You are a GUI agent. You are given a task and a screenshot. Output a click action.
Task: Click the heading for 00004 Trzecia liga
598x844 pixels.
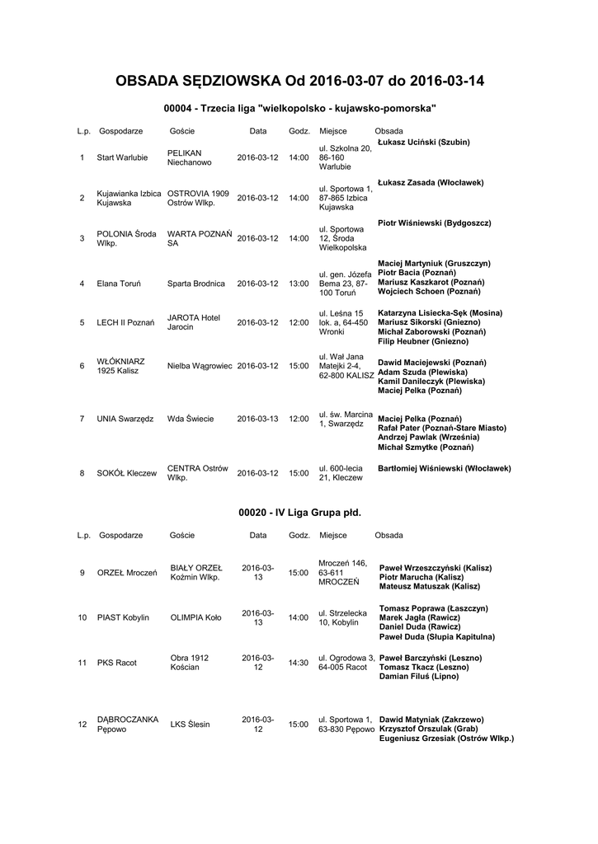299,108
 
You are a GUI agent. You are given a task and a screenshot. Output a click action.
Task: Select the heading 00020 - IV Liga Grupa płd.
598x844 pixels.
299,512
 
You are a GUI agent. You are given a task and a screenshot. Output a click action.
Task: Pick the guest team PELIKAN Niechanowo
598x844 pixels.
189,157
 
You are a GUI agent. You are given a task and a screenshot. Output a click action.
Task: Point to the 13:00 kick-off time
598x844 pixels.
298,284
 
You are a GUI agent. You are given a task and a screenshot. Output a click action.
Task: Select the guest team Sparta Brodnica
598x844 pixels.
195,284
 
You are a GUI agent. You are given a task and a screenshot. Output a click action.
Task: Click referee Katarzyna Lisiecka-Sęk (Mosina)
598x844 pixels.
440,313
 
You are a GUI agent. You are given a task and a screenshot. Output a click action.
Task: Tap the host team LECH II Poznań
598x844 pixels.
125,322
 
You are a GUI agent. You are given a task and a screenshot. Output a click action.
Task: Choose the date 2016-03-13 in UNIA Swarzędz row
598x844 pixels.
258,419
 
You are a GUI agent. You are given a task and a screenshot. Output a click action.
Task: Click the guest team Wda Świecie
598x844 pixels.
190,419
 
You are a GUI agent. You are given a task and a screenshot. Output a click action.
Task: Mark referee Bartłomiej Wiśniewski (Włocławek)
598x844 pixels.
444,468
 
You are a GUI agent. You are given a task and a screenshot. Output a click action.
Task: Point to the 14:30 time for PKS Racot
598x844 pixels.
298,663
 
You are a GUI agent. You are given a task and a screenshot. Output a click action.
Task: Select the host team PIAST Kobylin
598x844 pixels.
123,617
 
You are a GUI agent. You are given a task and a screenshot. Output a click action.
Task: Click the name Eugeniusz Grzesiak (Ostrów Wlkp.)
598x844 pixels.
445,738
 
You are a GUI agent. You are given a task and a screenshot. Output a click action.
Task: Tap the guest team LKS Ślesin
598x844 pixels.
190,724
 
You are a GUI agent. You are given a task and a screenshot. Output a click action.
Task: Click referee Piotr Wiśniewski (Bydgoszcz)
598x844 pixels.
434,223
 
